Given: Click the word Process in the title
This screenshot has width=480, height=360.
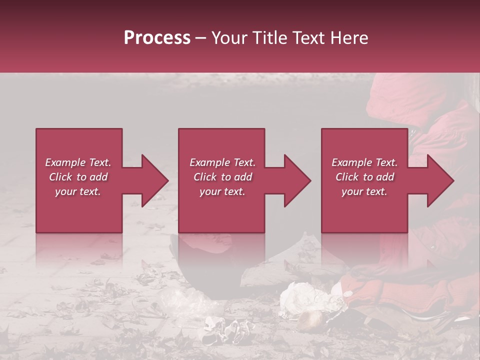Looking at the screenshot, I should pos(157,38).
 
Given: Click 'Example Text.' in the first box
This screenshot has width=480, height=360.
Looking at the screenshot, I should pos(78,162).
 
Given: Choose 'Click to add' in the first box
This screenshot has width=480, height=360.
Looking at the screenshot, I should pos(78,177).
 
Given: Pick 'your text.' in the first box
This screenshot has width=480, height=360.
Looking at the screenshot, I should pos(78,191).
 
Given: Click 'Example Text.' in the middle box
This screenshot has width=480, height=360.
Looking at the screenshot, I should pos(222,162).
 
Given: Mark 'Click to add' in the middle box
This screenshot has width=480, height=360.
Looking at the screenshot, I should pos(222,177).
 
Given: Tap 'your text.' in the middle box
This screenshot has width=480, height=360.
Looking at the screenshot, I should pos(222,191).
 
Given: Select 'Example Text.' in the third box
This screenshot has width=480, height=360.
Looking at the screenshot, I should pos(364,162).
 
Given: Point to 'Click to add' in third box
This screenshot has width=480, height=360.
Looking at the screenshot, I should pos(364,177).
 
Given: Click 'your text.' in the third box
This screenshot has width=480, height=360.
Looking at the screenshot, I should pos(364,191).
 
